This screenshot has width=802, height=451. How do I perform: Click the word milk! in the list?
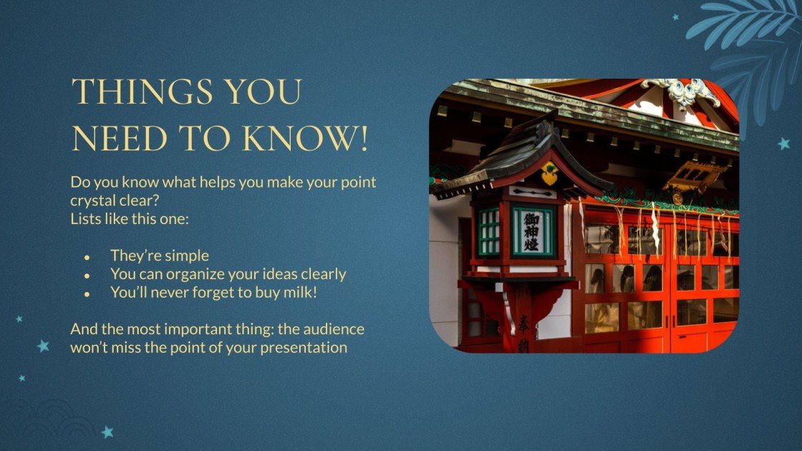pos(296,292)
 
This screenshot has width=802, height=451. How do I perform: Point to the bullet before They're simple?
pos(87,256)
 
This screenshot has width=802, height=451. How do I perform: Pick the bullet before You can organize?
pos(87,275)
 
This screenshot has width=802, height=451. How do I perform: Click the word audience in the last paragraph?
pos(326,329)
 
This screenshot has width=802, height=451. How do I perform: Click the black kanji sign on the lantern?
pos(532,231)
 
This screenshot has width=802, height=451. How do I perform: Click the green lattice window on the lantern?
pos(489,231)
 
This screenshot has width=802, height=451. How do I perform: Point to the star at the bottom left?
pos(108,432)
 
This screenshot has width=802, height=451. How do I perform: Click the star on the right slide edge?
pos(784,144)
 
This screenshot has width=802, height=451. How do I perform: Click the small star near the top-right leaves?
pos(675,16)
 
